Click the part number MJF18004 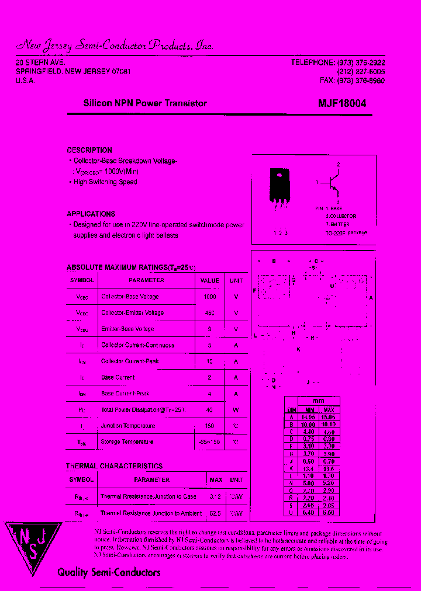pyautogui.click(x=342, y=103)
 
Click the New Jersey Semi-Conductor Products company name pyautogui.click(x=114, y=46)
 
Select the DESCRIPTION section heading pyautogui.click(x=89, y=150)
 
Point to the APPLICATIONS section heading pyautogui.click(x=91, y=214)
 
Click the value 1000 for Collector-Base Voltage pyautogui.click(x=209, y=297)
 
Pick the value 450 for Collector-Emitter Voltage pyautogui.click(x=209, y=313)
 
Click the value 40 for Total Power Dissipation pyautogui.click(x=209, y=410)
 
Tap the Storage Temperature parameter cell pyautogui.click(x=127, y=442)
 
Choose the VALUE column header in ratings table pyautogui.click(x=209, y=280)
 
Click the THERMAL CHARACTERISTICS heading pyautogui.click(x=115, y=466)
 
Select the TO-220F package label pyautogui.click(x=346, y=232)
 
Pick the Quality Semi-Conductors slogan pyautogui.click(x=109, y=572)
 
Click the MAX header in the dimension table pyautogui.click(x=329, y=409)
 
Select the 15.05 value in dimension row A pyautogui.click(x=329, y=417)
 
